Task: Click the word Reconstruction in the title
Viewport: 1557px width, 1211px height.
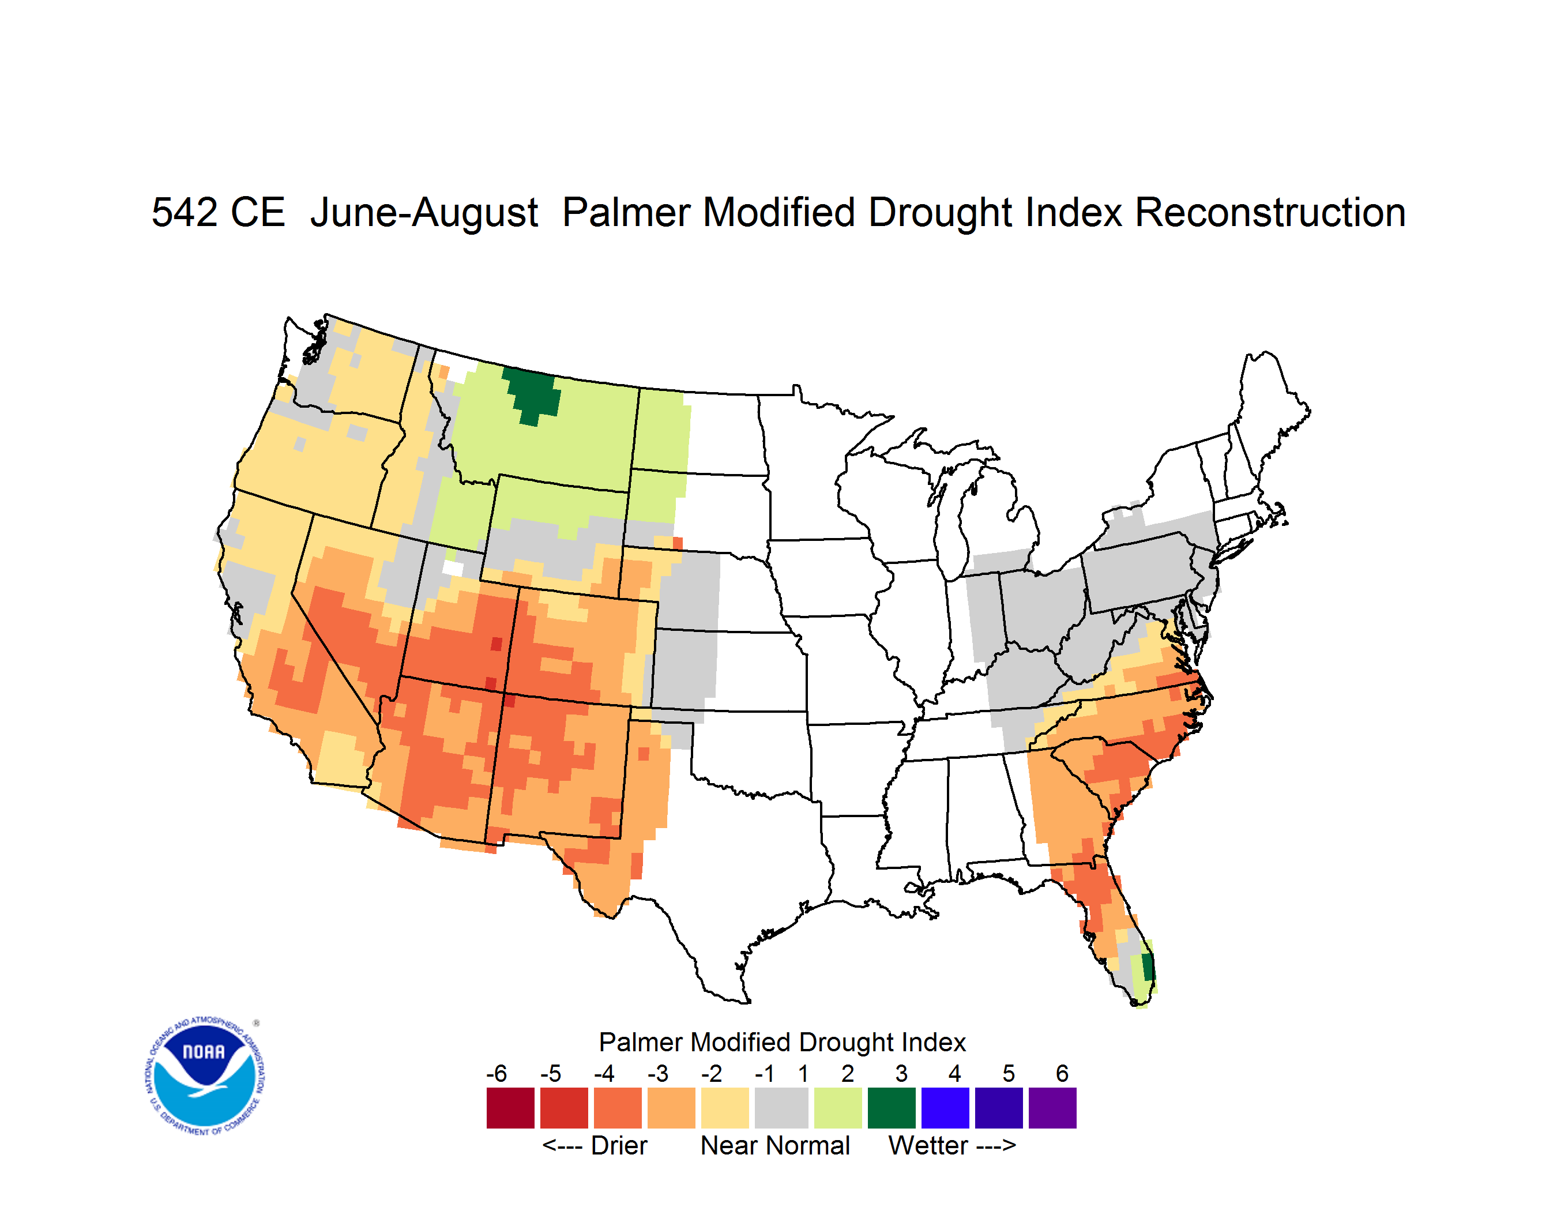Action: pyautogui.click(x=1270, y=212)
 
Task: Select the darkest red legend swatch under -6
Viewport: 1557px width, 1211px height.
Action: pyautogui.click(x=510, y=1108)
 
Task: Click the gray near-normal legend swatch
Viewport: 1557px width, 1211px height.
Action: pyautogui.click(x=781, y=1108)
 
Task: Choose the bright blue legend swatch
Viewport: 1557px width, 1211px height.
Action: pyautogui.click(x=945, y=1108)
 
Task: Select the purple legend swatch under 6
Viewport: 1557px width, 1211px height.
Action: pyautogui.click(x=1052, y=1108)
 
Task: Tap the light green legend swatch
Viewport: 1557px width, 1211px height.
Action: pyautogui.click(x=838, y=1108)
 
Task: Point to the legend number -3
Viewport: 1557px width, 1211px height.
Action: pyautogui.click(x=658, y=1073)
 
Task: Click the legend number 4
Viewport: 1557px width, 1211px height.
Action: pyautogui.click(x=954, y=1073)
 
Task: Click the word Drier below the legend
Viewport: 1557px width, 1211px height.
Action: pyautogui.click(x=619, y=1145)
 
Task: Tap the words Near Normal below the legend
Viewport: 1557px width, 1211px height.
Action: pyautogui.click(x=775, y=1145)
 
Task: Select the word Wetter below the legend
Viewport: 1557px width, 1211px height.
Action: pyautogui.click(x=928, y=1145)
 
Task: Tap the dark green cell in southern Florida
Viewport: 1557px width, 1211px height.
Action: pyautogui.click(x=1148, y=966)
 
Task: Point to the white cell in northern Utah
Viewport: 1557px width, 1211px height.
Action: pyautogui.click(x=453, y=569)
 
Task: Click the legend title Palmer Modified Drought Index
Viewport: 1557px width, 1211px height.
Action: pyautogui.click(x=782, y=1042)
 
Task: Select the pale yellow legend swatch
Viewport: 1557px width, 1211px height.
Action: pyautogui.click(x=725, y=1108)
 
